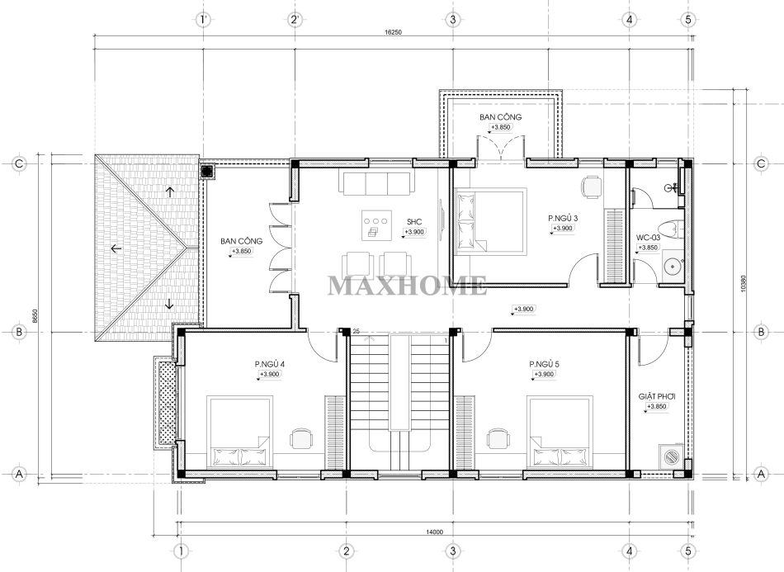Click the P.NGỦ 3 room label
point(563,218)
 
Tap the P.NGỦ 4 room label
point(270,364)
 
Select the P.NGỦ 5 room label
point(545,364)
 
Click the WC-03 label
point(648,237)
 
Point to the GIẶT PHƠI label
point(657,396)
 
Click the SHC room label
point(414,222)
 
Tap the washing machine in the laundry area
point(669,456)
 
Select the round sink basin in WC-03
point(672,266)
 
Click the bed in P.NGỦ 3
point(490,221)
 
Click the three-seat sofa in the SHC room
point(376,182)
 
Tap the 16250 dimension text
point(394,32)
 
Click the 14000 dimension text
point(435,532)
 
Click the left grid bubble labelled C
point(19,163)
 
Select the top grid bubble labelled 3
point(452,20)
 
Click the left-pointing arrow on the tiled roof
point(116,248)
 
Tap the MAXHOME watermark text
point(407,286)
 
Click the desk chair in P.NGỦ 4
point(300,438)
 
